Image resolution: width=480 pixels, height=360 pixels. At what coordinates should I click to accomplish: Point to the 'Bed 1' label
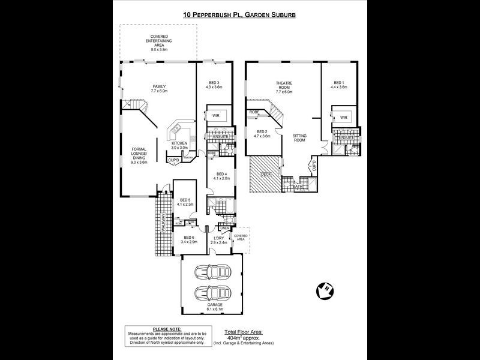click(339, 85)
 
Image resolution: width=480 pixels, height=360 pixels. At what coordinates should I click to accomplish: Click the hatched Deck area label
click(265, 174)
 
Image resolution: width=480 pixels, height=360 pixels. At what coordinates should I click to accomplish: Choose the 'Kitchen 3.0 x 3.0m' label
click(180, 145)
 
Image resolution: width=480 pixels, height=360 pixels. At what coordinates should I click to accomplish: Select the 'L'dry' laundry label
click(218, 240)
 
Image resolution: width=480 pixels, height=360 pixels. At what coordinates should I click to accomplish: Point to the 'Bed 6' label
click(190, 240)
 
